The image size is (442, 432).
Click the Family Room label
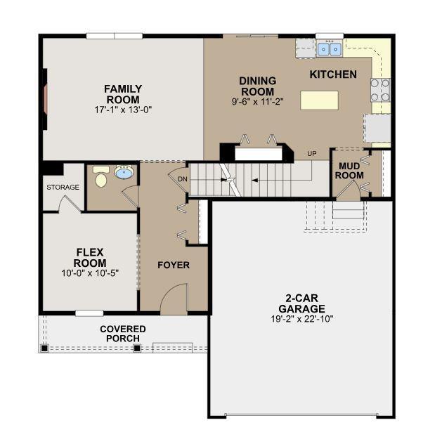123,94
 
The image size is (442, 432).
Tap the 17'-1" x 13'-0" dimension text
123,110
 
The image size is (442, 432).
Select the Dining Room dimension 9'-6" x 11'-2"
257,101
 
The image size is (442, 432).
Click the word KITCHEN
333,74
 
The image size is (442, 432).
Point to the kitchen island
320,100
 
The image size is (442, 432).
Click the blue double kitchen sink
330,49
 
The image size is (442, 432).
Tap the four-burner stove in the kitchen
380,90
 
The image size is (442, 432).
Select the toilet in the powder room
101,177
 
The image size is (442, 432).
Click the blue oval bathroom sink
124,172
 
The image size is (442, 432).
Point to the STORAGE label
63,187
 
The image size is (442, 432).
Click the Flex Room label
90,258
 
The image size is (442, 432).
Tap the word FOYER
174,266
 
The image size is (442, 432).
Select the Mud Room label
349,171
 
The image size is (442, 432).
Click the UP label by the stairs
312,154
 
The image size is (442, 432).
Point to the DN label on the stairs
183,179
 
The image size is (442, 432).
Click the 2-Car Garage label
301,303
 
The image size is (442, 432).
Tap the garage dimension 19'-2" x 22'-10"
302,319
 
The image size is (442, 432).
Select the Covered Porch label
123,334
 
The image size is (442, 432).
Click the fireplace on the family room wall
45,99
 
